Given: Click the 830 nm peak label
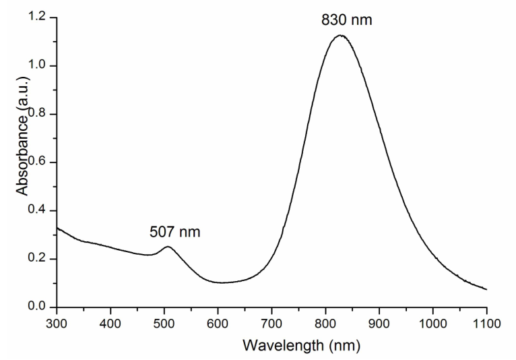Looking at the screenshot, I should click(x=346, y=20).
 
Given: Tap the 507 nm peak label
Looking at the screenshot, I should click(x=174, y=233).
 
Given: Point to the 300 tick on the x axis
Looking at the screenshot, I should click(x=56, y=323).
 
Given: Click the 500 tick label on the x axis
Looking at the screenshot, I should click(x=164, y=323).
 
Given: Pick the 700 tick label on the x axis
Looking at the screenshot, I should click(x=271, y=323).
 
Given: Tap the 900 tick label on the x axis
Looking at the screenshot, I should click(x=379, y=323).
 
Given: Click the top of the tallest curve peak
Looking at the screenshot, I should click(x=340, y=35).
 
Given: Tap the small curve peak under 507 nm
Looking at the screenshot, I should click(x=168, y=247).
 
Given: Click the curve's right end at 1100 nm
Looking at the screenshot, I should click(x=486, y=289).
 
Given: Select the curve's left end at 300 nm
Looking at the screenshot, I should click(x=57, y=228).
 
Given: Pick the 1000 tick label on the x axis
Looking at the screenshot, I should click(x=432, y=323).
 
